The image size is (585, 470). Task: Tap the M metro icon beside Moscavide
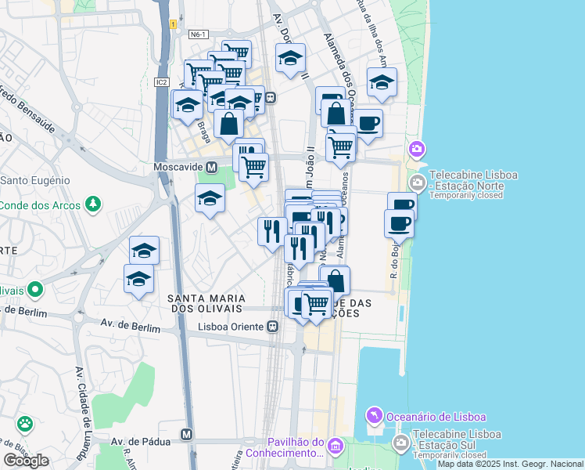coord(211,168)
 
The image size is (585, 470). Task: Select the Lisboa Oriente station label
coord(231,327)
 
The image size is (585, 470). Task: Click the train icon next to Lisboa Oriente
coord(273,327)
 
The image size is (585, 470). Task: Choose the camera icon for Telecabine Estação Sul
coord(401,444)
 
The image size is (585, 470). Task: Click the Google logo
coord(26,460)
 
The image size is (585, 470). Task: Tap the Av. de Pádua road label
coord(141,442)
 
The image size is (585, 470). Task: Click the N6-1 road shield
coord(198,34)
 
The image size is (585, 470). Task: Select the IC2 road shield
coord(162,81)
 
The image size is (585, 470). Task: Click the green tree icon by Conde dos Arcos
coord(93,204)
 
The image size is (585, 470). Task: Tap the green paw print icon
coord(26,425)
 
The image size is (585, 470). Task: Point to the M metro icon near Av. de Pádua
coord(187,434)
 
